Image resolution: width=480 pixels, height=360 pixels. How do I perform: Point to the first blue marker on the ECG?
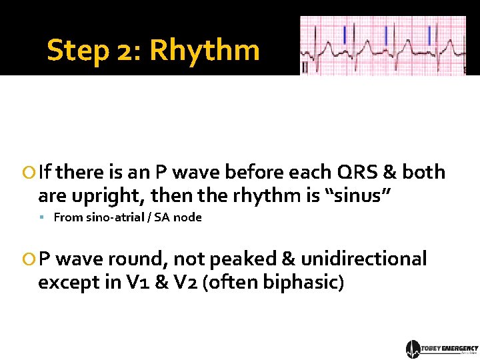(345, 34)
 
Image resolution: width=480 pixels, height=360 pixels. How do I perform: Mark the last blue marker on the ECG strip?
(430, 34)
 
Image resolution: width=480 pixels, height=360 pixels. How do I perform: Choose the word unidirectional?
(364, 259)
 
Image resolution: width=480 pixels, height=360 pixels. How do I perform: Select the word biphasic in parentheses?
(303, 282)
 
